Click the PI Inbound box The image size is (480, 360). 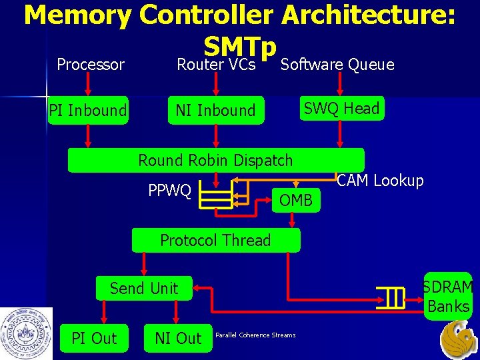[x=88, y=110]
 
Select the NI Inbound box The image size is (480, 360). [x=215, y=110]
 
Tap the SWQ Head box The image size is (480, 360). [x=341, y=108]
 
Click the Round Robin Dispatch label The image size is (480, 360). [x=215, y=160]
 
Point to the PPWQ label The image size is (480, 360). [x=169, y=191]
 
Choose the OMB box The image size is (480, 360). [x=296, y=199]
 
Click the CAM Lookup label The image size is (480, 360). [x=381, y=181]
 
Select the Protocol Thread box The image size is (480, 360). [x=215, y=240]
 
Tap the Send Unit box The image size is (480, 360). [x=144, y=288]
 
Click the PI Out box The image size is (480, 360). [x=94, y=338]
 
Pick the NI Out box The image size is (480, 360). [x=178, y=338]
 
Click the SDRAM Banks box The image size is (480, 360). [x=448, y=297]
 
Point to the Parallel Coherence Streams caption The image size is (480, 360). [x=255, y=335]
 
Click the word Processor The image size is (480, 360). [x=91, y=65]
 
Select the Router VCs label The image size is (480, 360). [x=216, y=65]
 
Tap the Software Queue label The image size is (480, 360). [x=337, y=65]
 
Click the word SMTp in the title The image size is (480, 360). [x=240, y=47]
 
